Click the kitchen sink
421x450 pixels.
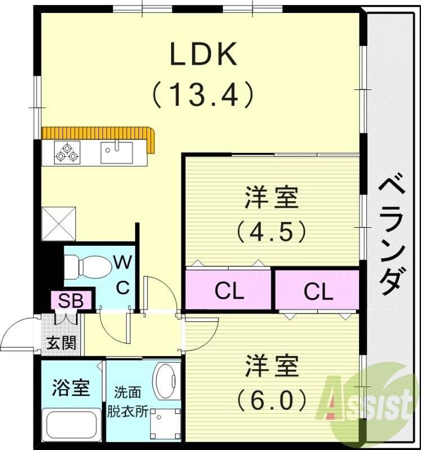[117, 152]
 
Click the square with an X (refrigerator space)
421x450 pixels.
[59, 223]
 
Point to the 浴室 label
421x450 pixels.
[70, 388]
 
